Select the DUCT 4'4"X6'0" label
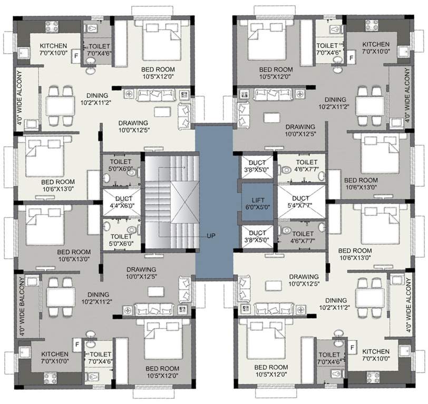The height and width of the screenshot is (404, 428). point(121,203)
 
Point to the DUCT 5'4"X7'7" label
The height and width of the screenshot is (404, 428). point(300,202)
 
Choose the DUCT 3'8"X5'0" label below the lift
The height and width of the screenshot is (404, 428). point(257,236)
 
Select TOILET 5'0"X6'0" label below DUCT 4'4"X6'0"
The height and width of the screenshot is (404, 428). point(121,240)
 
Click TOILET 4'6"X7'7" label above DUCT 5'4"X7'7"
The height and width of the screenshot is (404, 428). point(306,166)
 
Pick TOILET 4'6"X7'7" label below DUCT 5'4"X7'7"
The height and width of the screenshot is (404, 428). point(303,237)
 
